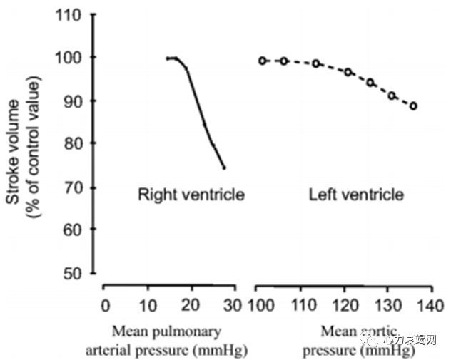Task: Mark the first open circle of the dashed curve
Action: coord(263,61)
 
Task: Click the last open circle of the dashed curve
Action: coord(413,106)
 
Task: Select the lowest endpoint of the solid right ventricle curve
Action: coord(224,168)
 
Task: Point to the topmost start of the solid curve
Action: coord(167,58)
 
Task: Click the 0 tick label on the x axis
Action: coord(106,307)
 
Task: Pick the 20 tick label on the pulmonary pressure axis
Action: coord(191,307)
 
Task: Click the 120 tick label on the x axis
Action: coord(345,307)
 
